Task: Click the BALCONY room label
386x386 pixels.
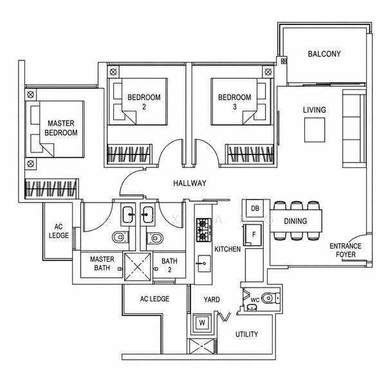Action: (x=324, y=54)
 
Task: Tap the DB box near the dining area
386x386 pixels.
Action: (x=255, y=208)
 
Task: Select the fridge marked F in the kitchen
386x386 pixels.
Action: (x=253, y=235)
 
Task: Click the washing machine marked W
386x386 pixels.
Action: (x=202, y=323)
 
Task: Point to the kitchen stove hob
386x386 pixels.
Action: (x=203, y=230)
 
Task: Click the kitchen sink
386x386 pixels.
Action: (x=204, y=264)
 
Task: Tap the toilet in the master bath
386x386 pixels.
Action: (x=120, y=237)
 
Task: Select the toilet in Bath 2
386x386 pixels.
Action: (x=155, y=238)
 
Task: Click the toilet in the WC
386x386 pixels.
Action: (x=271, y=298)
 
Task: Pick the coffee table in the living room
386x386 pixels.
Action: (x=315, y=130)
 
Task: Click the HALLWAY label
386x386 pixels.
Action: (x=190, y=183)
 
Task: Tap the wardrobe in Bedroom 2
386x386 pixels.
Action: (x=129, y=154)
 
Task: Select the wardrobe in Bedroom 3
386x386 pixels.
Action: (x=250, y=154)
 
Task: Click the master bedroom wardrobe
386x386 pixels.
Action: (x=51, y=188)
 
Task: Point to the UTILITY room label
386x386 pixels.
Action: (x=246, y=335)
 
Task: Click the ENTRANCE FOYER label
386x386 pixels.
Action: (x=345, y=250)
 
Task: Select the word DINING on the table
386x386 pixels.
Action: (x=295, y=221)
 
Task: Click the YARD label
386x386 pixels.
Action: (x=212, y=300)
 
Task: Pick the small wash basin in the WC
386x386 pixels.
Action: (x=252, y=308)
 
